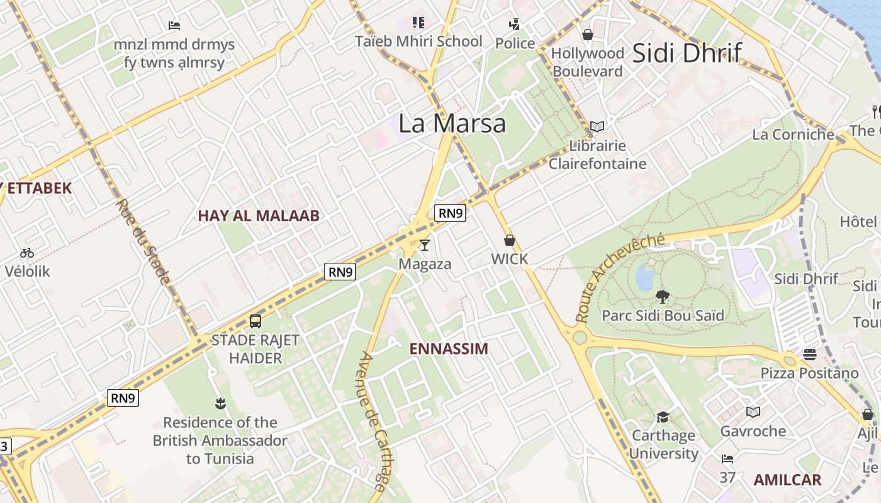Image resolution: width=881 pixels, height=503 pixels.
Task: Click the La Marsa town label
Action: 452,123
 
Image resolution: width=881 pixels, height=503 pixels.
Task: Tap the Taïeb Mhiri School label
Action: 418,41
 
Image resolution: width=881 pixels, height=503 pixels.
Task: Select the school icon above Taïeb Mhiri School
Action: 418,23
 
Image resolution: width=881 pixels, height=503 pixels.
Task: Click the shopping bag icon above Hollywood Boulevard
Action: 588,35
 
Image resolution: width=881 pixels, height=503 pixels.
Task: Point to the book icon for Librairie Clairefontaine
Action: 597,126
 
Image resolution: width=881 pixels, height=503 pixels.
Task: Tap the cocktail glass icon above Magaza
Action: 425,245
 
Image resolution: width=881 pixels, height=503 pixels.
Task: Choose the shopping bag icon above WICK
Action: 509,240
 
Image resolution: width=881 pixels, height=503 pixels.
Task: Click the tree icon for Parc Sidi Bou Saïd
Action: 662,296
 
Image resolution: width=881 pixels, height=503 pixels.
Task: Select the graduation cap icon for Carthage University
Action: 663,417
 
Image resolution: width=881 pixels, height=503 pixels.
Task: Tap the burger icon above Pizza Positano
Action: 809,355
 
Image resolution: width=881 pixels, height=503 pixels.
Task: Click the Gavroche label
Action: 753,431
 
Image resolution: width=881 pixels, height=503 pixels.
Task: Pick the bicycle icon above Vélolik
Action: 27,253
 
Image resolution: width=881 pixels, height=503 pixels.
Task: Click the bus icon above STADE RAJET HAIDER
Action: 255,321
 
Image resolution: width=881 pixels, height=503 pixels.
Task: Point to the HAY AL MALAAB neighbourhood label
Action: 259,216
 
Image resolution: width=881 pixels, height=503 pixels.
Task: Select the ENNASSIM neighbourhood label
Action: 449,349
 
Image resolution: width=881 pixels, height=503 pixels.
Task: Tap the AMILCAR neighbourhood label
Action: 787,480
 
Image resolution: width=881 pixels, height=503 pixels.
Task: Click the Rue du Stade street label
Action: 143,242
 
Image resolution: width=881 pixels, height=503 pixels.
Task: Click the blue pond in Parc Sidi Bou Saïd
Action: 644,277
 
